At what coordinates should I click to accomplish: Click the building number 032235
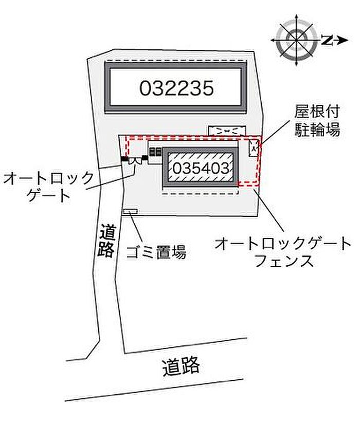(176, 88)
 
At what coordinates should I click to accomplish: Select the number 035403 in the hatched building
(201, 168)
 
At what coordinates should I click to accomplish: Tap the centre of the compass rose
(297, 40)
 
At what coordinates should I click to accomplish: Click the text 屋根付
(317, 112)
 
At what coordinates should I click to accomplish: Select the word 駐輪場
(317, 130)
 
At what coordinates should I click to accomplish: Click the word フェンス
(284, 261)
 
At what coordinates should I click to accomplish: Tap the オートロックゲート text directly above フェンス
(283, 243)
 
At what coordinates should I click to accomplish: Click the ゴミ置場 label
(156, 252)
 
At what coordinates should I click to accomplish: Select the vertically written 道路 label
(106, 241)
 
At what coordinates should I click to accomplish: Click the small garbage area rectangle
(130, 211)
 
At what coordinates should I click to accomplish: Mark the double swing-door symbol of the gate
(135, 161)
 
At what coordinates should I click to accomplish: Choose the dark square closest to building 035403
(159, 152)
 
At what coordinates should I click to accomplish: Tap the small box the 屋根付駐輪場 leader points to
(254, 148)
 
